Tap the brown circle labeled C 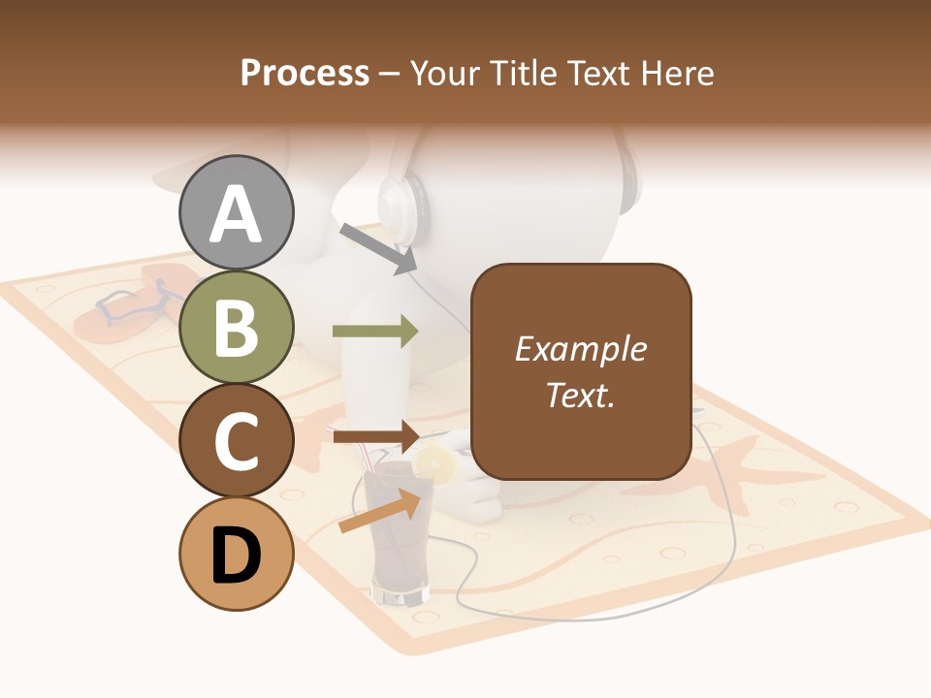click(x=236, y=440)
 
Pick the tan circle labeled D click(x=236, y=554)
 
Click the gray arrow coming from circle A click(x=379, y=247)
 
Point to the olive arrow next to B click(x=375, y=331)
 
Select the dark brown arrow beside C click(x=375, y=436)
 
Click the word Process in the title click(x=305, y=73)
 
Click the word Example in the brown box click(x=580, y=349)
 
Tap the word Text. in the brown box click(x=580, y=395)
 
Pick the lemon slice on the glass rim click(x=436, y=464)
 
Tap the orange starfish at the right click(x=742, y=475)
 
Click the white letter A click(x=236, y=213)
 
